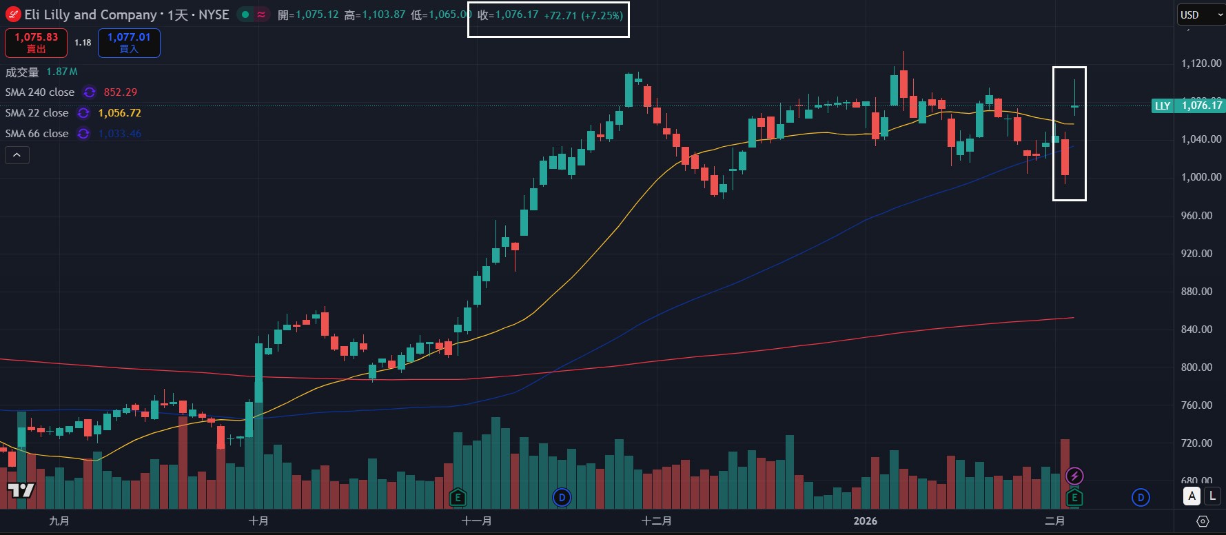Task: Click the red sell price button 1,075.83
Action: point(36,43)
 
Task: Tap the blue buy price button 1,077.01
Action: point(129,43)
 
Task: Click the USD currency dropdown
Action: point(1200,14)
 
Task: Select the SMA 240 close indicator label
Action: point(40,92)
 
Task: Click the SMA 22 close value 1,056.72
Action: point(119,113)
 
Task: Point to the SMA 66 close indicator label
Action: point(37,134)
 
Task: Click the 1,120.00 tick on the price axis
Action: point(1201,63)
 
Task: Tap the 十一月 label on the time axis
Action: point(476,521)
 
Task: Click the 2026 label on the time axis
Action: point(866,521)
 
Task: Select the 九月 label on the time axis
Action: point(59,521)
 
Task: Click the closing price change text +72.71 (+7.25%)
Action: point(583,15)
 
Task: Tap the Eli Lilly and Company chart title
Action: point(90,14)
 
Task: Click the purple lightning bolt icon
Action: point(1074,476)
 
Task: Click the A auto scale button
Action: point(1192,496)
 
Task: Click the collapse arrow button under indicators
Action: point(17,156)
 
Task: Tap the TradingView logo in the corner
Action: point(21,490)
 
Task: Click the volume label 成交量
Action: point(22,72)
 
